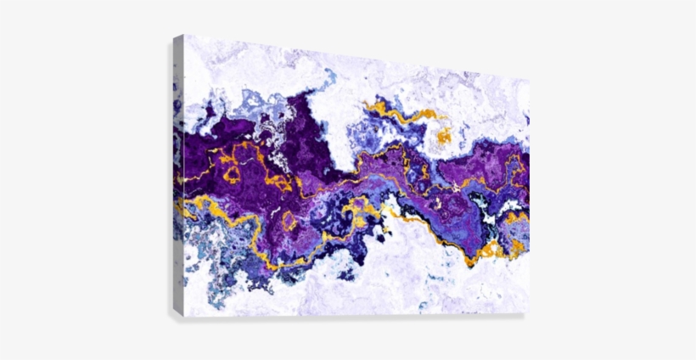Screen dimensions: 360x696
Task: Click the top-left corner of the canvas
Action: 184,36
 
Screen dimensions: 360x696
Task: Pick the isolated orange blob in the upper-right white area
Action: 443,136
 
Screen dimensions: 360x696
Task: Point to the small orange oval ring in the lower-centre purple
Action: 289,222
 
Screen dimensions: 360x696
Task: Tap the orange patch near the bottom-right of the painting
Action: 491,250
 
